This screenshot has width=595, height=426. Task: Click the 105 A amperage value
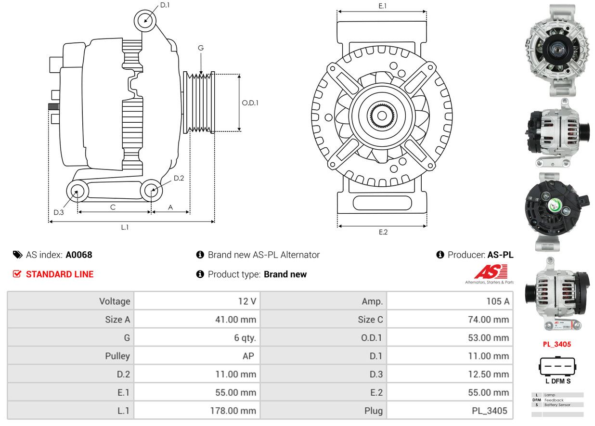[497, 301]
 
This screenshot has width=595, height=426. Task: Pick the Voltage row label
[115, 301]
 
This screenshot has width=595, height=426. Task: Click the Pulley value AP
[248, 356]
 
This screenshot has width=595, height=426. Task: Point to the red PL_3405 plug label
[557, 344]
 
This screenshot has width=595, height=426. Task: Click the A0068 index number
[79, 255]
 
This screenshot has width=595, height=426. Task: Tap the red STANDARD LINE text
[60, 274]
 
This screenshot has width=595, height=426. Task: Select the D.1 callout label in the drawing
[165, 5]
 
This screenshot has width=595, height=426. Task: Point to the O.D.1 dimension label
[250, 103]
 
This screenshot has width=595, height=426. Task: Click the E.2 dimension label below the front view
[383, 232]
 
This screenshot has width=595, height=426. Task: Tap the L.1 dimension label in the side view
[125, 227]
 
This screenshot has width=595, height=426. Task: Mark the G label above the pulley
[201, 48]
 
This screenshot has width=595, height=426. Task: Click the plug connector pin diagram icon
[557, 368]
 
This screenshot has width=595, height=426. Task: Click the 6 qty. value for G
[245, 338]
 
